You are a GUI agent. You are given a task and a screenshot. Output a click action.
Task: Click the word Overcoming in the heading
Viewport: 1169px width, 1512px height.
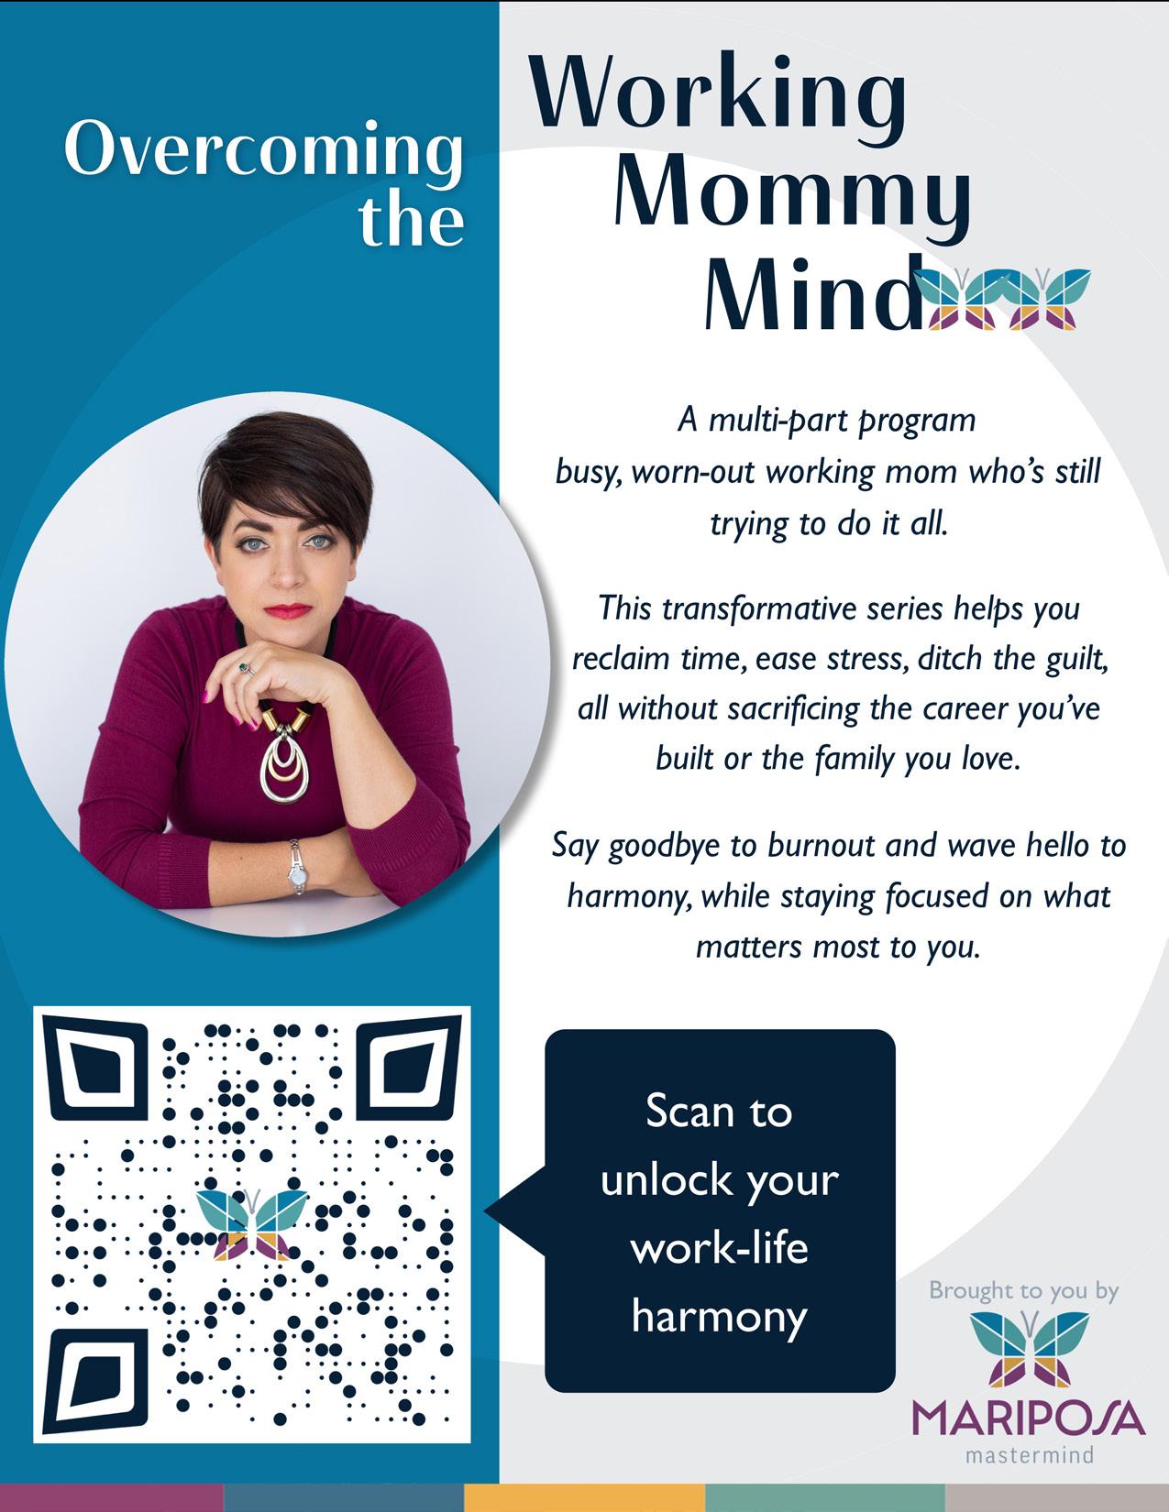263,151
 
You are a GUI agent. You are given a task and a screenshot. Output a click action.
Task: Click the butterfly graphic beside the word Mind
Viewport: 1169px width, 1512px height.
1008,298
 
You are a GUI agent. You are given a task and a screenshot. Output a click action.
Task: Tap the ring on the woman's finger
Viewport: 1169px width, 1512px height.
244,667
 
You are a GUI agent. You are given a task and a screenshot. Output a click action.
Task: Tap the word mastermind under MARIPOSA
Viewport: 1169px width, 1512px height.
1030,1454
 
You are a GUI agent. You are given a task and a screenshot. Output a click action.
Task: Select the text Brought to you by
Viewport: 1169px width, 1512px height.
1023,1291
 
